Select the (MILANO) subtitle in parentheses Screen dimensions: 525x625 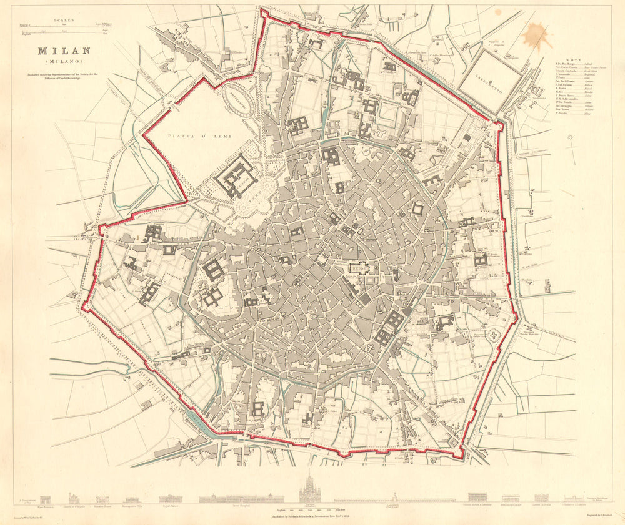[x=64, y=62]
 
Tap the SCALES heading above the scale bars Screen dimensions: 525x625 [x=64, y=20]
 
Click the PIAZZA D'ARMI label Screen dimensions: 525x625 [x=191, y=135]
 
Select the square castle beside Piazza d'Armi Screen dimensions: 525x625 [x=236, y=175]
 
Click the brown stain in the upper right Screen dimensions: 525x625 [x=536, y=36]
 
